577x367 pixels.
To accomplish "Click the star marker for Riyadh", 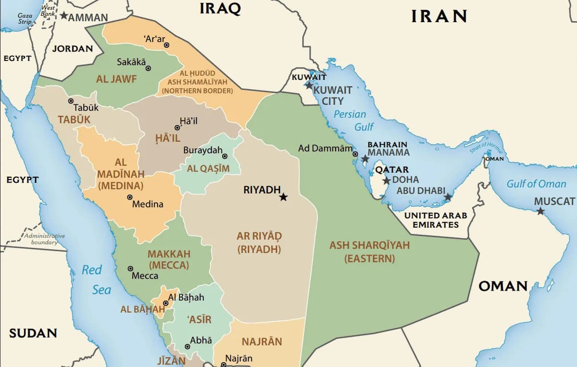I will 283,197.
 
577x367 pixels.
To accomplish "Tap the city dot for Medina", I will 130,197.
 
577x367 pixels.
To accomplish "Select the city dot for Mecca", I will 130,269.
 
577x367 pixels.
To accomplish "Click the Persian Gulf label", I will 350,121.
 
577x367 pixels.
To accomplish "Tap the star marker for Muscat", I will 540,211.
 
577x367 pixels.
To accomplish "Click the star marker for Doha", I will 387,181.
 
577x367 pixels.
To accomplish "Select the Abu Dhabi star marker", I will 448,197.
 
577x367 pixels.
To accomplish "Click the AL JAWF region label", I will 116,79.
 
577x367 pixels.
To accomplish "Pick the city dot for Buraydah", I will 225,156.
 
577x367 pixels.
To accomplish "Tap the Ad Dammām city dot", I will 355,154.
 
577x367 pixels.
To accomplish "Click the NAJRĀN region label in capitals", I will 262,342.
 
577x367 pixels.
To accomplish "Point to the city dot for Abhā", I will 188,346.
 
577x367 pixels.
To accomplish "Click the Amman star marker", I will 63,15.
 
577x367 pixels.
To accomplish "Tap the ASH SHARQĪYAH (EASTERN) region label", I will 369,252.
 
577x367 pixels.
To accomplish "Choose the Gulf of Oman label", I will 536,183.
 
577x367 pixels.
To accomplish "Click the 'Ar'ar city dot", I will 166,45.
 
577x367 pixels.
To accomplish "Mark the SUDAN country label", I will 33,333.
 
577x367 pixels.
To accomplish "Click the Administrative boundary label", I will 44,239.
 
